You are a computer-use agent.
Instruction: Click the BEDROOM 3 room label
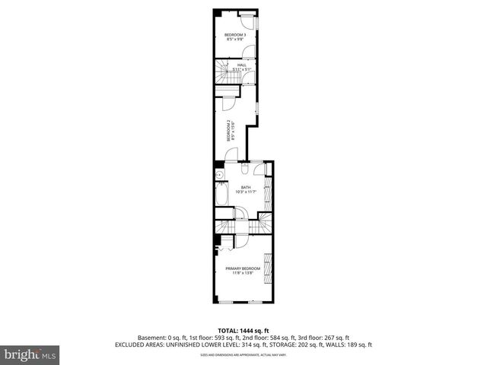coord(234,35)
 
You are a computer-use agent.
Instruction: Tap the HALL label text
coord(241,65)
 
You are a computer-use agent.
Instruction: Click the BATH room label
coord(245,187)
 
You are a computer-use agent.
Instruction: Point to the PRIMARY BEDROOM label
coord(243,268)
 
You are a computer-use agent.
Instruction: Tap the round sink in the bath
coord(219,175)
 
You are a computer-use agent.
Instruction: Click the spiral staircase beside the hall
coord(220,74)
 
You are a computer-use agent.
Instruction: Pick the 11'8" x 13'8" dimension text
coord(243,273)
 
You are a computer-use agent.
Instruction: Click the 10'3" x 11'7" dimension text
coord(245,192)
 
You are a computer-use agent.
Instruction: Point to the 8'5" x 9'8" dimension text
coord(234,40)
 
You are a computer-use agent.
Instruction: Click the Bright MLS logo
coord(30,354)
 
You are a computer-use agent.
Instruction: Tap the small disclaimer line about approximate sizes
coord(243,354)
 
